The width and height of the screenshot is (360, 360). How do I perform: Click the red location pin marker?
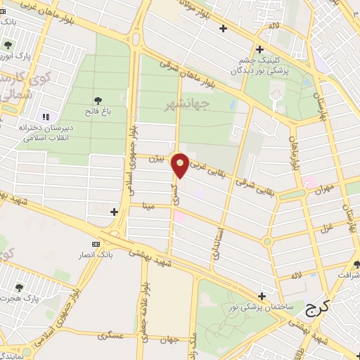tap(180, 164)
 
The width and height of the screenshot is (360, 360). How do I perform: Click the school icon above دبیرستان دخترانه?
tap(46, 117)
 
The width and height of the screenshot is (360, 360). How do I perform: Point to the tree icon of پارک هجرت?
tap(19, 288)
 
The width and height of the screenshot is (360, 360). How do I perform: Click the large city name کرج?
tap(321, 309)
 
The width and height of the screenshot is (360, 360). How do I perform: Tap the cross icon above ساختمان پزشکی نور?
tap(262, 296)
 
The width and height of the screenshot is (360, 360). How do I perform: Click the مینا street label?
tap(148, 206)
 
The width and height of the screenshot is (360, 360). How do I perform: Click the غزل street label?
tap(326, 227)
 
